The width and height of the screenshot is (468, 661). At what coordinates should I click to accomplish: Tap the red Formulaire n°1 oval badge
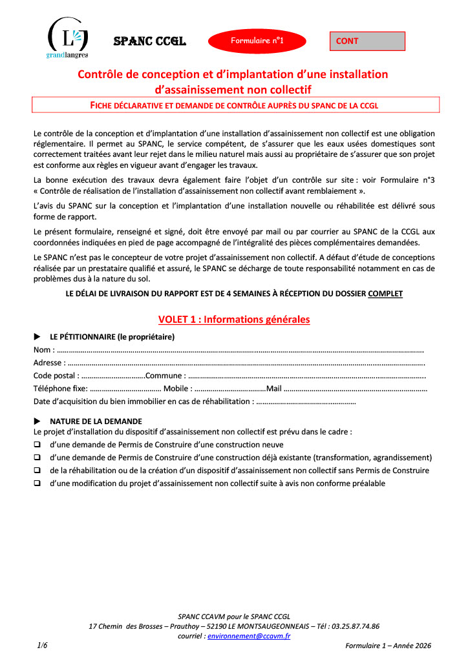coord(257,41)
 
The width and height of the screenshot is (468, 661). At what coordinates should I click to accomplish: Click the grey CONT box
coord(367,41)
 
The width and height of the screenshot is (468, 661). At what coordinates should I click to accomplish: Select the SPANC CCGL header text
coord(150,41)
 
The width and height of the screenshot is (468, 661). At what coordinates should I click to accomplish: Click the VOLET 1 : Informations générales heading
coord(234,319)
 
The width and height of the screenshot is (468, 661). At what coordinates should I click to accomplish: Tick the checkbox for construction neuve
coord(37,445)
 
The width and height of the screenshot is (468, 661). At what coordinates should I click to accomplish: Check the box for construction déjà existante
coord(37,458)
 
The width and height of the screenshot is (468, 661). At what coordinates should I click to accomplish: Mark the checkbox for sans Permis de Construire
coord(37,471)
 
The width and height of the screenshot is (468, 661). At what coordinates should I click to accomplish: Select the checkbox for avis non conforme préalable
coord(37,483)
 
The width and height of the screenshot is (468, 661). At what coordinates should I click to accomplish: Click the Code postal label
coord(56,376)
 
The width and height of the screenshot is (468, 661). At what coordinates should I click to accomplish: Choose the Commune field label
coord(166,376)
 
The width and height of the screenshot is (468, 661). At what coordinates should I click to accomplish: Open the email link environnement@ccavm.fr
coord(249,636)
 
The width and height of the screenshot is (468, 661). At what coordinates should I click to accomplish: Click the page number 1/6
coord(43,646)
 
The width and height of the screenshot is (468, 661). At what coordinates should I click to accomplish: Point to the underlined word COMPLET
coord(385,294)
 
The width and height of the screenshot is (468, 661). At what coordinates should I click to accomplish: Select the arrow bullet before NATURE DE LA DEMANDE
coord(37,422)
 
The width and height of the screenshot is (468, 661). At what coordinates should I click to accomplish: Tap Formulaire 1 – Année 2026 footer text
coord(388,646)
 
